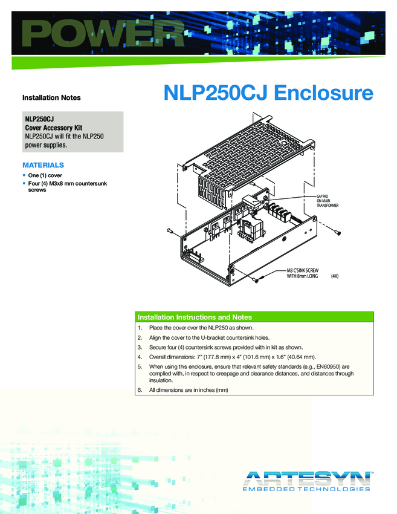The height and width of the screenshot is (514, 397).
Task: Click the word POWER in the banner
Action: (99, 34)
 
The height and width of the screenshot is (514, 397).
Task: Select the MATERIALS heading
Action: (43, 165)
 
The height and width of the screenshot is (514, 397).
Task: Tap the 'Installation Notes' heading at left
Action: (51, 97)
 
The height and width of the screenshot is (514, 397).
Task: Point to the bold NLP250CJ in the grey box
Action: (39, 120)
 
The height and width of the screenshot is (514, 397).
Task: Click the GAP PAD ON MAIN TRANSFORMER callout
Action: (328, 201)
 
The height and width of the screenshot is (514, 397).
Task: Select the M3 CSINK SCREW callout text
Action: (303, 272)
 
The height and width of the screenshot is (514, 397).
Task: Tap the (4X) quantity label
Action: (336, 276)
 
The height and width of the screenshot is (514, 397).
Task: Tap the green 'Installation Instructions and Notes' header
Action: (195, 317)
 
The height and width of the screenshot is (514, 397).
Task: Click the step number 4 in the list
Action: (140, 357)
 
